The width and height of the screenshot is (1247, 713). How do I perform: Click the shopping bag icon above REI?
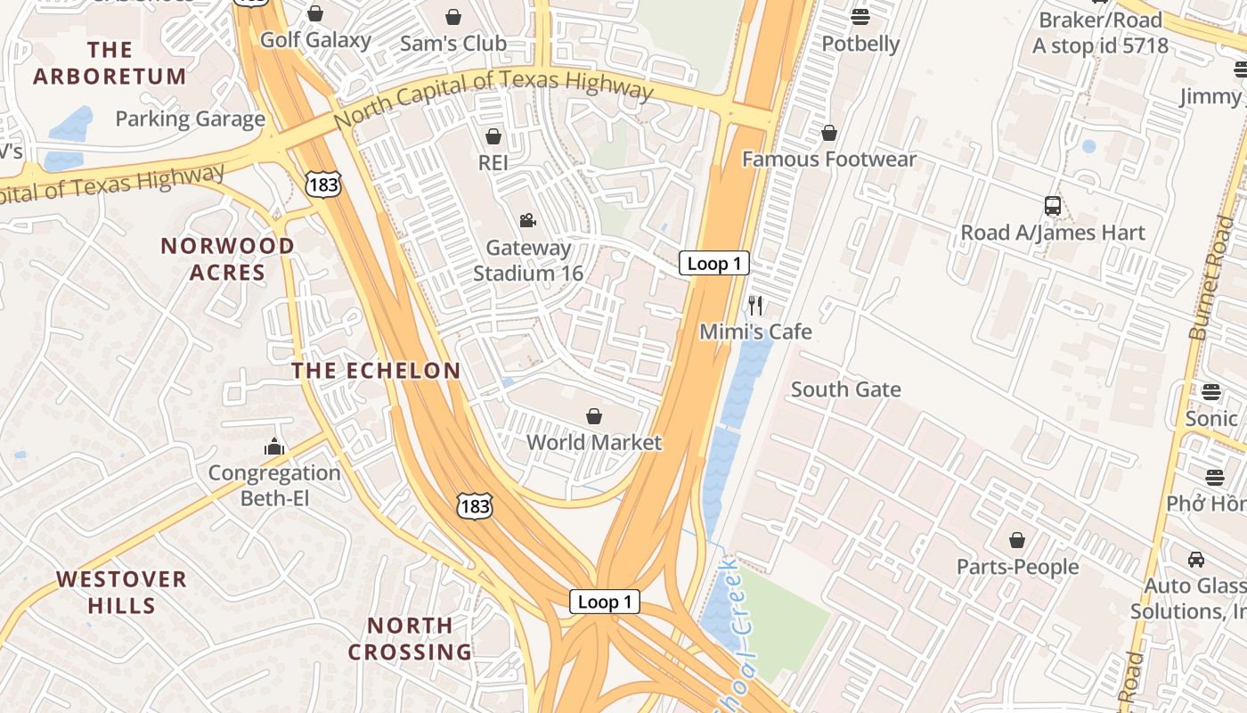pos(493,136)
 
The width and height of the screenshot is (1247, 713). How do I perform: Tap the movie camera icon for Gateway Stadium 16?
pos(527,220)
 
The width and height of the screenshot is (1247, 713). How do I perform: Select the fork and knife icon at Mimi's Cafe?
pos(755,306)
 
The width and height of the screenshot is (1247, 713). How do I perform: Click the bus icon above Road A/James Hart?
pos(1052,206)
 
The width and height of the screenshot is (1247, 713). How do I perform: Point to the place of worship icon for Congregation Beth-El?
pos(274,447)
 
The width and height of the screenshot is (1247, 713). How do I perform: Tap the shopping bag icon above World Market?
pos(594,416)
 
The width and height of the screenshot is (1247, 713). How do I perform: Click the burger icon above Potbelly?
pos(860,16)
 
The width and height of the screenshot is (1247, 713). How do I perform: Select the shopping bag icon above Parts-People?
pos(1016,540)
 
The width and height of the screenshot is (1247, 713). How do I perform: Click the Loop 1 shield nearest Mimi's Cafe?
pos(713,263)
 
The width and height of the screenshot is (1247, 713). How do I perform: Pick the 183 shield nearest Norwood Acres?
pos(321,184)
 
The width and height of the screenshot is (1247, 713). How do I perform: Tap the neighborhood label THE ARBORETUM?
pos(110,63)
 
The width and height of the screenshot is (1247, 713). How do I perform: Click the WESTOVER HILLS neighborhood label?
pos(122,593)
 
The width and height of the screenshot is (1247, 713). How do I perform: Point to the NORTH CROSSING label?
pos(410,639)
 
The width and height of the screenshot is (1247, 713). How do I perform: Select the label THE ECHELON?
pos(377,371)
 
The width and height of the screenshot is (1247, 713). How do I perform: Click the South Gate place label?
pos(845,389)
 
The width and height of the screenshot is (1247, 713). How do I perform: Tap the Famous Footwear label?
pos(828,160)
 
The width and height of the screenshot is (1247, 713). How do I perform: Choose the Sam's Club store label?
pos(452,43)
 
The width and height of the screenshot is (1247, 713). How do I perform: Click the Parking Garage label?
pos(190,119)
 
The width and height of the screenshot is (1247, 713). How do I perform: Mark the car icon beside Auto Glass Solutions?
pos(1196,560)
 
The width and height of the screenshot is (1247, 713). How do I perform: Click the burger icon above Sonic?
pos(1210,391)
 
